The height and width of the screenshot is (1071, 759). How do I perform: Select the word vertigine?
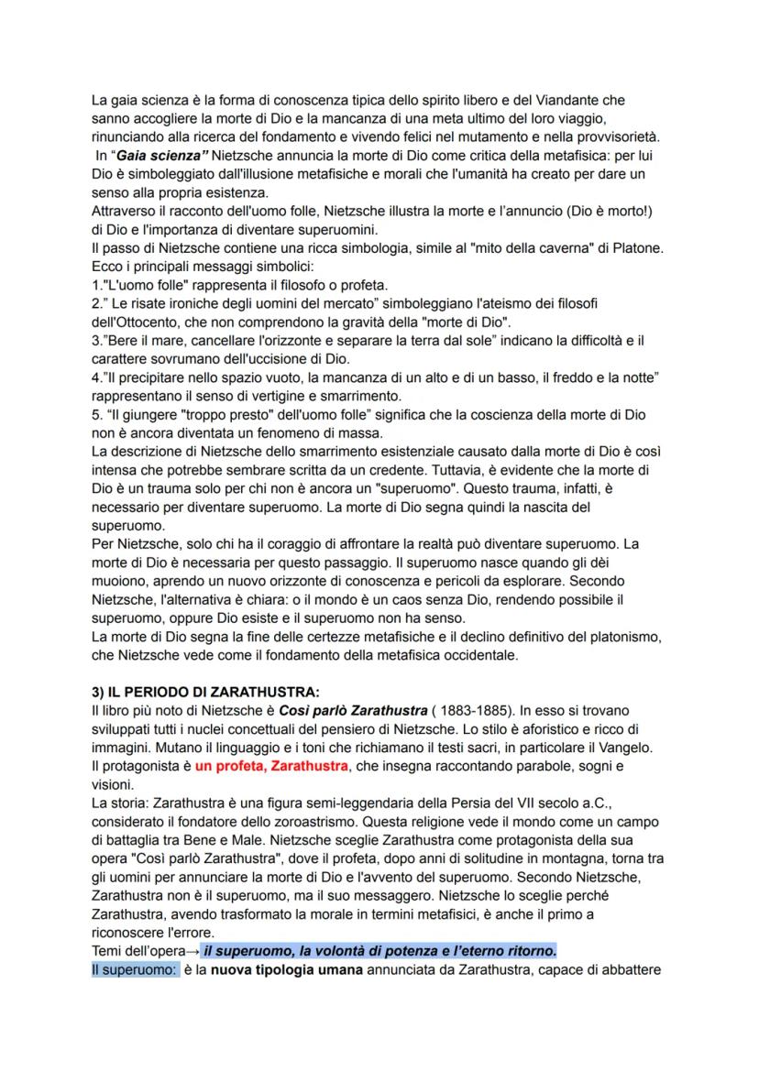click(249, 397)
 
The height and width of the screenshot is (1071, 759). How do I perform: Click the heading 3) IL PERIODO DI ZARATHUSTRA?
click(206, 692)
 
